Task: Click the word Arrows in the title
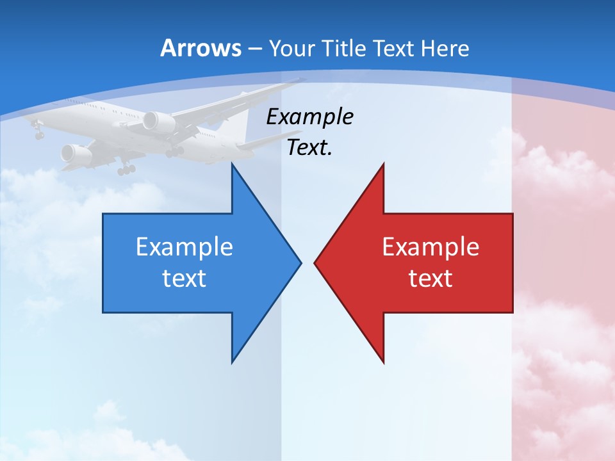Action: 200,48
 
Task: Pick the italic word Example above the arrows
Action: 309,117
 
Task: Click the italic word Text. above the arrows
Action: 309,147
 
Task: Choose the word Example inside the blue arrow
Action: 184,247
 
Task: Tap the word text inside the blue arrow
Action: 184,278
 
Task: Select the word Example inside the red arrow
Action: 430,247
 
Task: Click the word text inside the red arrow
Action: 430,278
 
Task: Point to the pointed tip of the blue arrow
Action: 300,262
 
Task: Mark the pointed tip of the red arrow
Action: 315,262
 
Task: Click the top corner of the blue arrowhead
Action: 232,164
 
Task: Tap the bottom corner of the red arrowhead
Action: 384,362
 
